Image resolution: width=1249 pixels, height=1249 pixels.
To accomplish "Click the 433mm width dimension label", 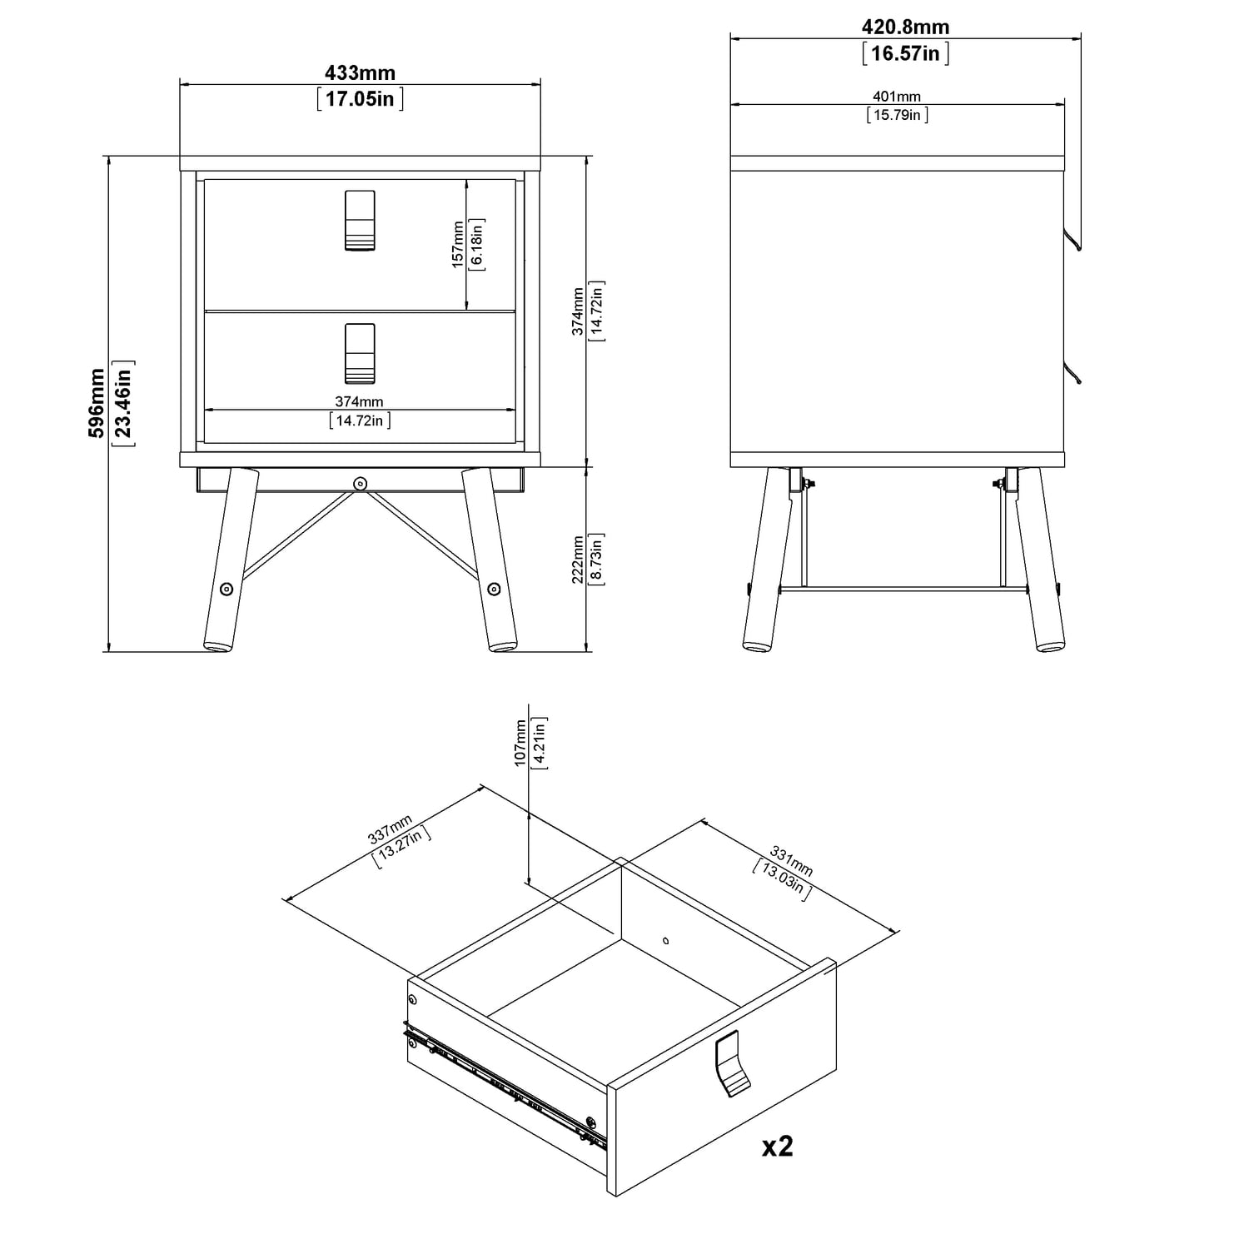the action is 360,72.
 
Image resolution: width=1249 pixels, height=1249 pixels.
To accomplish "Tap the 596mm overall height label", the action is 97,403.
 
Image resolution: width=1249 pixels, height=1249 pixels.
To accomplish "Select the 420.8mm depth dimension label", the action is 905,27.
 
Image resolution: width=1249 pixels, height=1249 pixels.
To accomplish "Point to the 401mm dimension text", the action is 898,97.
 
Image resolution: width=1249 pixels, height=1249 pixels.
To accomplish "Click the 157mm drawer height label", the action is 458,244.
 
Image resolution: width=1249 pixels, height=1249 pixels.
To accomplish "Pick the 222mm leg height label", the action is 578,560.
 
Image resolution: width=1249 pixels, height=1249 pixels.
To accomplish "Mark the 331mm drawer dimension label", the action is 791,861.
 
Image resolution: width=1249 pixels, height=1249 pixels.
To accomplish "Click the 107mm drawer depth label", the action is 521,744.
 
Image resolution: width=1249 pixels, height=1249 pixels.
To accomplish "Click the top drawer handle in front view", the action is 360,221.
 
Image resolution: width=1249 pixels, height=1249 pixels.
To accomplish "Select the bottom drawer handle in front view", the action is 360,353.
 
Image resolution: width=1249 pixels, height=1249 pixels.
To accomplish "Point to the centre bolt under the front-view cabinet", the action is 360,483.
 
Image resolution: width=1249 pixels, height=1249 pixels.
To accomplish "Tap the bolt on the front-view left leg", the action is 226,589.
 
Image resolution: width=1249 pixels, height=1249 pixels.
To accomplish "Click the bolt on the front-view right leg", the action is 494,589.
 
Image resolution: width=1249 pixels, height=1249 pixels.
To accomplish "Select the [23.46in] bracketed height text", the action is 123,403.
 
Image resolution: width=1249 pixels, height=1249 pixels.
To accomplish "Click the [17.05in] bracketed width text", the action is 360,99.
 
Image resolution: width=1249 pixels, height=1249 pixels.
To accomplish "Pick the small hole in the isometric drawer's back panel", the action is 665,941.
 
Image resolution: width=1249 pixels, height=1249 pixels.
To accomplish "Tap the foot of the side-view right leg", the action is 1050,644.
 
